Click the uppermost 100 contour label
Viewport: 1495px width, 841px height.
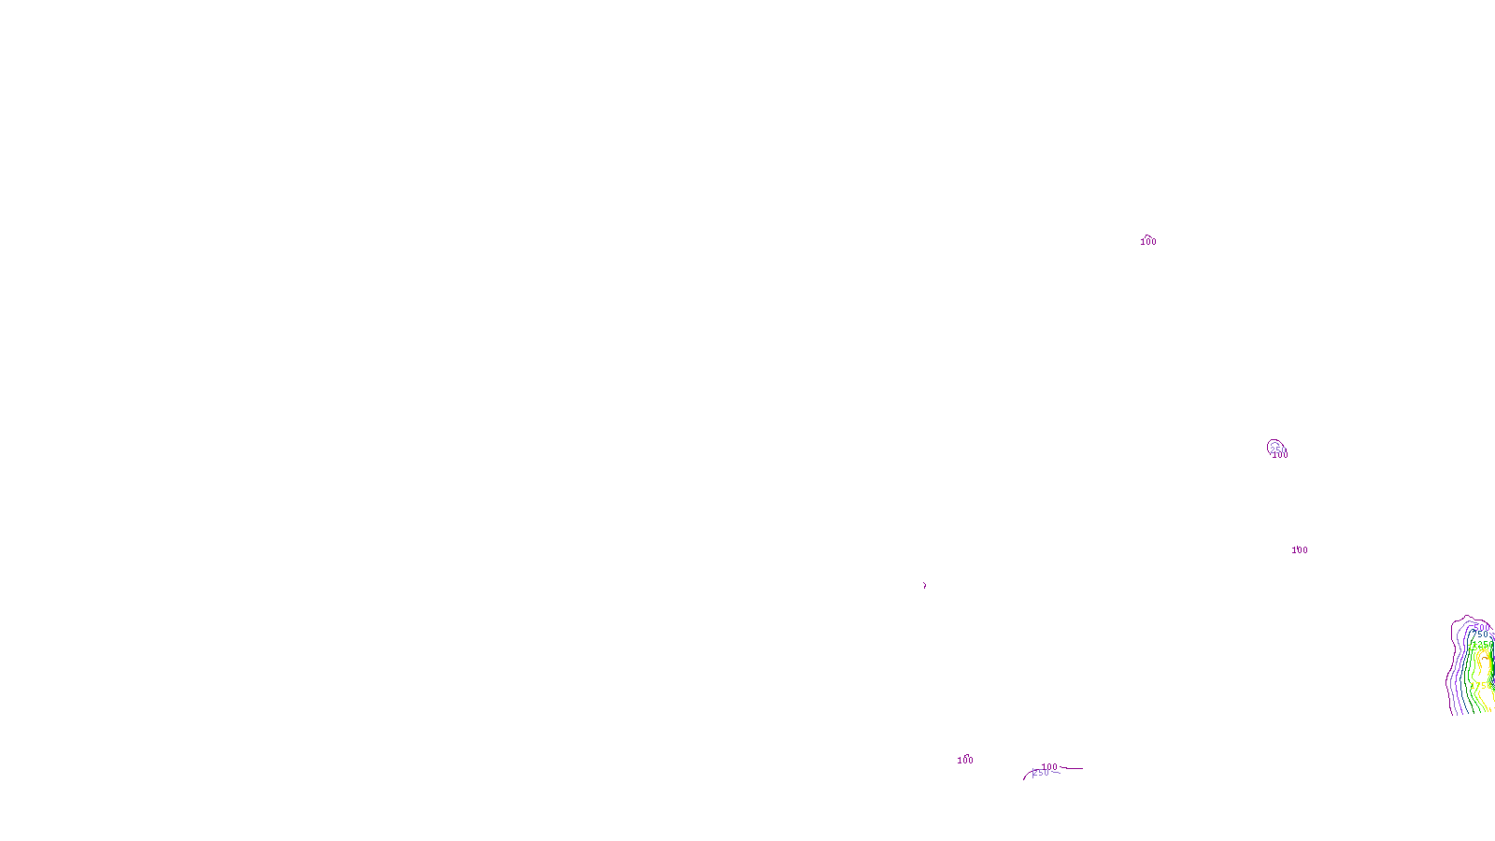[1148, 242]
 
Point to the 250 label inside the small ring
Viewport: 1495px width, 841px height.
[1277, 449]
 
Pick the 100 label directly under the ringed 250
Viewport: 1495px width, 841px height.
[1280, 456]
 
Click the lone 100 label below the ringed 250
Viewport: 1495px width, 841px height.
[1300, 550]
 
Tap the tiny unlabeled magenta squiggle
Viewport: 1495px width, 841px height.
[925, 586]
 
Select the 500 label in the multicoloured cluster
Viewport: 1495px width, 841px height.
[1481, 627]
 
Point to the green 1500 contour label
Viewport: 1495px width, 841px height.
[1478, 647]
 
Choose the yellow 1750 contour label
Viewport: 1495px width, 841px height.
[1481, 686]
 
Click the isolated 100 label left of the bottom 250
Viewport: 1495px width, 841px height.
[965, 761]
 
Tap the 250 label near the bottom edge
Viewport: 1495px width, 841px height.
[1041, 773]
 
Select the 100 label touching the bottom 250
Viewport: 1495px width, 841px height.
[1050, 767]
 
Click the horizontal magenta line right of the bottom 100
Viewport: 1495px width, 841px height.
[1073, 769]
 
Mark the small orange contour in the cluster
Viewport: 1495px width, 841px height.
[1486, 659]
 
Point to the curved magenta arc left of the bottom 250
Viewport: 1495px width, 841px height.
[1026, 776]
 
